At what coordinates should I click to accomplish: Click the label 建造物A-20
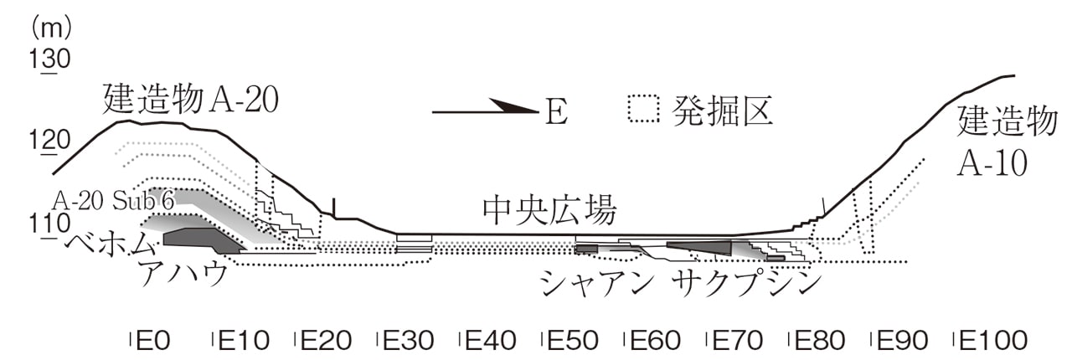point(190,100)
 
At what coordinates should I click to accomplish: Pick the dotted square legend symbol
point(645,109)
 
